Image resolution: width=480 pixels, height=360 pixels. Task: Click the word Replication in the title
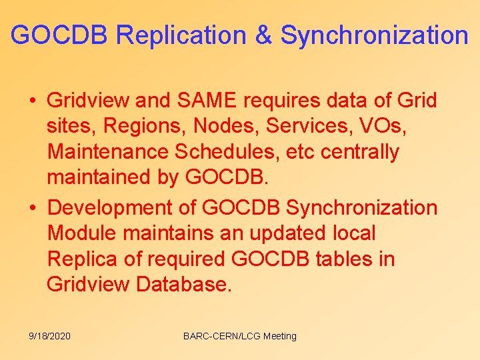click(x=181, y=35)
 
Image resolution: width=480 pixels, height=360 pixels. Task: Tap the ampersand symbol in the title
click(x=263, y=35)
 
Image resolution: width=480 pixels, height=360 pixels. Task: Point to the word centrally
click(x=360, y=152)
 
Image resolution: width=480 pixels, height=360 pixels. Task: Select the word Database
click(x=185, y=284)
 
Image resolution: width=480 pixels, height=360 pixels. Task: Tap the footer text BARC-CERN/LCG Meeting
click(x=240, y=336)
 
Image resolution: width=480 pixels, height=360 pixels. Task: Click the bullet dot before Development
click(x=33, y=208)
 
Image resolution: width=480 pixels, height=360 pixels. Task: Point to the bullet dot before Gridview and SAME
click(x=33, y=101)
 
